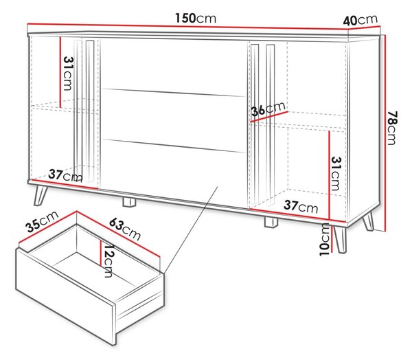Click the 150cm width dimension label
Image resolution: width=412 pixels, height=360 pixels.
pos(196,19)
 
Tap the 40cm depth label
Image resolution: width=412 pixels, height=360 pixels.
pos(360,20)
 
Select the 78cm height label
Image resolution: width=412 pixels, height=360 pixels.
pos(392,128)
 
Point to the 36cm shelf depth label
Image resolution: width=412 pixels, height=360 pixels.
pos(268,109)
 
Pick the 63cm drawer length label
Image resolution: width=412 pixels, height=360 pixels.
pos(125,229)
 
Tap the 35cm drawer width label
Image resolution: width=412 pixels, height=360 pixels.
pos(42,222)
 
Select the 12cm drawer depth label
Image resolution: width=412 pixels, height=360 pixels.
pos(108,261)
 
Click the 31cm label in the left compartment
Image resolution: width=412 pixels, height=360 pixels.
pos(67,74)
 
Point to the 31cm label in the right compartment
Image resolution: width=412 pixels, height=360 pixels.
pos(336,174)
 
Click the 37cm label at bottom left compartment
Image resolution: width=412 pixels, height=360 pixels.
pos(65,176)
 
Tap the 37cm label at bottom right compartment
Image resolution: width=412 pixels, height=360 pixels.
pos(301,206)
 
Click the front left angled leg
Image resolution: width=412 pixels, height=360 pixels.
pos(40,194)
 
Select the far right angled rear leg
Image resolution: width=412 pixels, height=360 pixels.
pos(368,222)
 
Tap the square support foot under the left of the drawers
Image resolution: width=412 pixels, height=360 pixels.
pos(129,202)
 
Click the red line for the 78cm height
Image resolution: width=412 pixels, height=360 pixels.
pos(385,133)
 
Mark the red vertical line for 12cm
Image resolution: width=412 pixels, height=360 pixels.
pos(100,253)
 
